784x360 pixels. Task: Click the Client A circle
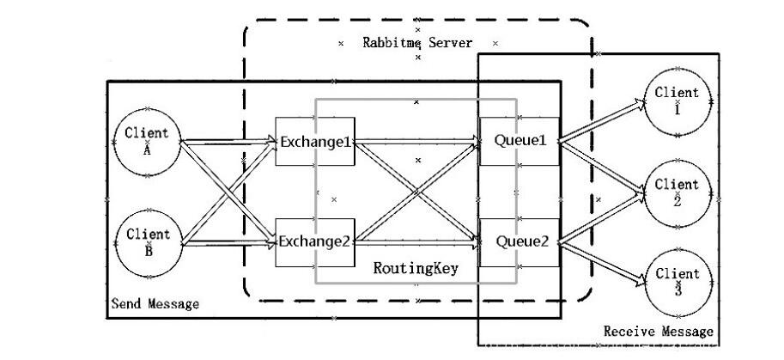(147, 141)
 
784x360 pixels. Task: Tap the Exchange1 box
(314, 141)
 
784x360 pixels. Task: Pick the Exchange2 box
(314, 241)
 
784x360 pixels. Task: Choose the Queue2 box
(520, 241)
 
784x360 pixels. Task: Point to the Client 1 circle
(677, 101)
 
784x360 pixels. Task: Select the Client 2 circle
(677, 192)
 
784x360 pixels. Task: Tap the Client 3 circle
(677, 282)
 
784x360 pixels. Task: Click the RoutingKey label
(416, 268)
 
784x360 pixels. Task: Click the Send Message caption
(155, 304)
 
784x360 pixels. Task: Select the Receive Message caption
(658, 331)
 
